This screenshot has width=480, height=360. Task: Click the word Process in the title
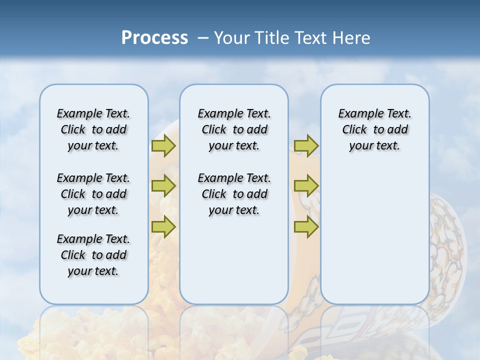[154, 38]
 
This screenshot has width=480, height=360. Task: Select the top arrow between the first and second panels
[163, 146]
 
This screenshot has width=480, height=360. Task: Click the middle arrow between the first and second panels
[163, 186]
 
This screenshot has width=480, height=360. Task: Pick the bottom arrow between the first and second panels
[163, 227]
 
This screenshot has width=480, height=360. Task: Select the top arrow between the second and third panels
[306, 146]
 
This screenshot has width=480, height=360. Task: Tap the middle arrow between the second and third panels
[306, 186]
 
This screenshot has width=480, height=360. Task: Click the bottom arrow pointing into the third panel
[306, 227]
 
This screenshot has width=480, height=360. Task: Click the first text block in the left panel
[93, 129]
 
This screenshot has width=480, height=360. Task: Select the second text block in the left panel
[93, 194]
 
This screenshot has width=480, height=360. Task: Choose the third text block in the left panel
[93, 255]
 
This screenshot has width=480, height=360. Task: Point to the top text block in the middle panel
[234, 129]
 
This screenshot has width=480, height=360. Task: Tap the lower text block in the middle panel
[234, 194]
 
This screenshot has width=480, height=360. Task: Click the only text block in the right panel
[375, 129]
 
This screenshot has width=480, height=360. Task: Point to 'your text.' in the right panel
[375, 146]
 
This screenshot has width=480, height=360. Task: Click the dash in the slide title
[203, 38]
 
